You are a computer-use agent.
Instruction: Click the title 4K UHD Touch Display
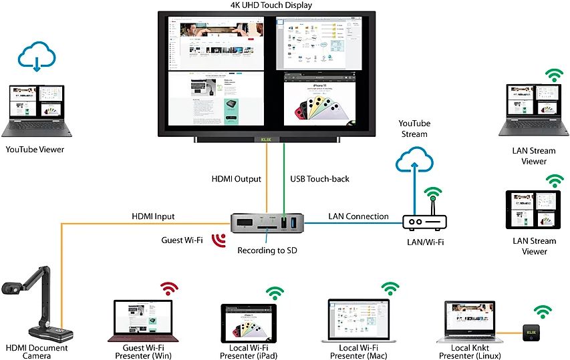(280, 5)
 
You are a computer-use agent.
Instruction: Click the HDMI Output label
(236, 179)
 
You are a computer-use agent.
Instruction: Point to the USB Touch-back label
(320, 179)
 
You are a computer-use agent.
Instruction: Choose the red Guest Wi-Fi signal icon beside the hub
(217, 239)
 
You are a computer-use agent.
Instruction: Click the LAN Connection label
(358, 216)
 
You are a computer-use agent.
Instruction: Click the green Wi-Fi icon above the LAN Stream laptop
(554, 74)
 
